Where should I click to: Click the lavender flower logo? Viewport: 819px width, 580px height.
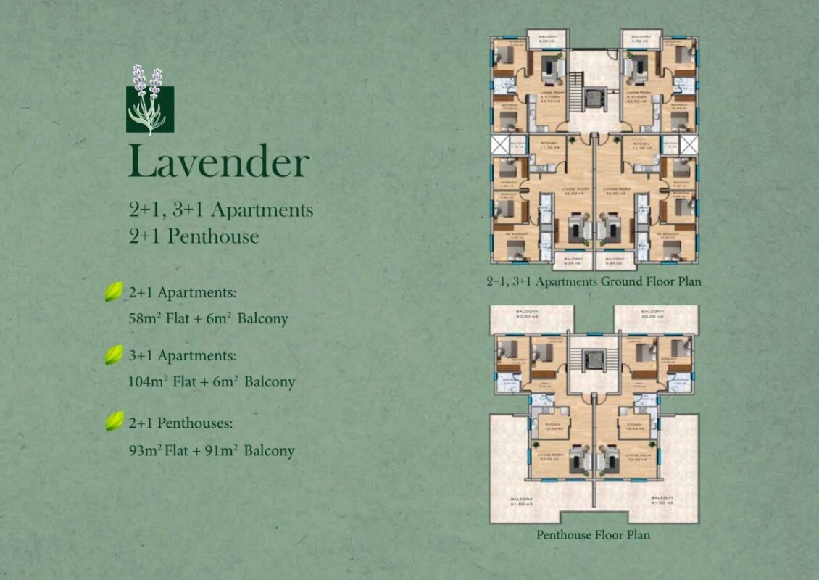pos(150,102)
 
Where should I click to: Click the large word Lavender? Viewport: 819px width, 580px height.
pos(219,162)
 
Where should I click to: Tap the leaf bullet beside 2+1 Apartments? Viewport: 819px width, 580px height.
pos(114,292)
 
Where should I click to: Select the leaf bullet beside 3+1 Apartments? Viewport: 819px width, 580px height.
pos(114,355)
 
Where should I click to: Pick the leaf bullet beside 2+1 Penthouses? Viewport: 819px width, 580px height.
pos(114,421)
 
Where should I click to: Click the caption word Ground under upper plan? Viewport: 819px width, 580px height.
pos(623,281)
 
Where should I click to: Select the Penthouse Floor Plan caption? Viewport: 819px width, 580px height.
pos(593,535)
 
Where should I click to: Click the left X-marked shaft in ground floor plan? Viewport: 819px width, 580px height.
pos(501,145)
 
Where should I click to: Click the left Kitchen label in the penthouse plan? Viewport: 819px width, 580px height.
pos(553,424)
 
